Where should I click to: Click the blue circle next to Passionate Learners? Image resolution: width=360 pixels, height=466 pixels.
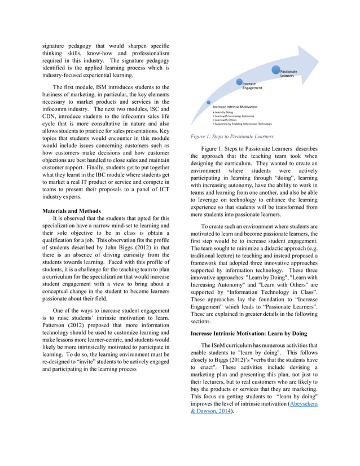[x=275, y=70]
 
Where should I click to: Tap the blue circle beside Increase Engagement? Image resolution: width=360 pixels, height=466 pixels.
[x=239, y=82]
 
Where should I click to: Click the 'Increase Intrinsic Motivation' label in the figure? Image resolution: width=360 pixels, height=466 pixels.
[x=235, y=107]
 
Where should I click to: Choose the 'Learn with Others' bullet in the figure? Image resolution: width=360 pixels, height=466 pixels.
[x=227, y=120]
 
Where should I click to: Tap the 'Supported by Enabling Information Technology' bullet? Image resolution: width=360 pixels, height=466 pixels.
[x=243, y=124]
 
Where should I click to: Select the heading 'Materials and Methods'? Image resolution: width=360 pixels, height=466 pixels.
[x=70, y=210]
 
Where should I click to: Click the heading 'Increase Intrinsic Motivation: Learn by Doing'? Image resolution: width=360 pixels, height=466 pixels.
[x=248, y=333]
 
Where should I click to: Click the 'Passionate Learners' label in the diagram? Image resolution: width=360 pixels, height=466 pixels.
[x=289, y=74]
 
